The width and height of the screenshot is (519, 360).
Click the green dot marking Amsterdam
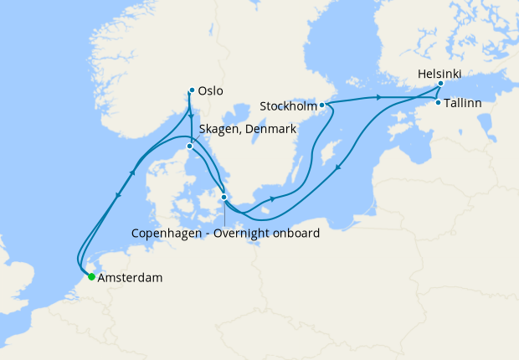pos(90,277)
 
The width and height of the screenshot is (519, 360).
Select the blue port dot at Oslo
pos(192,90)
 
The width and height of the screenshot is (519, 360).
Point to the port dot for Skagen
pos(190,147)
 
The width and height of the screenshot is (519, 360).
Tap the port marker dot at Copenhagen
pos(224,198)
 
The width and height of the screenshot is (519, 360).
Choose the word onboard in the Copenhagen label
pos(300,234)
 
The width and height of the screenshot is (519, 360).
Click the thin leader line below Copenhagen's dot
pos(224,213)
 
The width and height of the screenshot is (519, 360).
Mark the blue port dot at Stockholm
pos(321,105)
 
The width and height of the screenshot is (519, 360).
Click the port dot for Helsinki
pos(440,85)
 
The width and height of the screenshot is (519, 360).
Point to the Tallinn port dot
pos(438,102)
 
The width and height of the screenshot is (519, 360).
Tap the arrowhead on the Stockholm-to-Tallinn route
pos(380,98)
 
